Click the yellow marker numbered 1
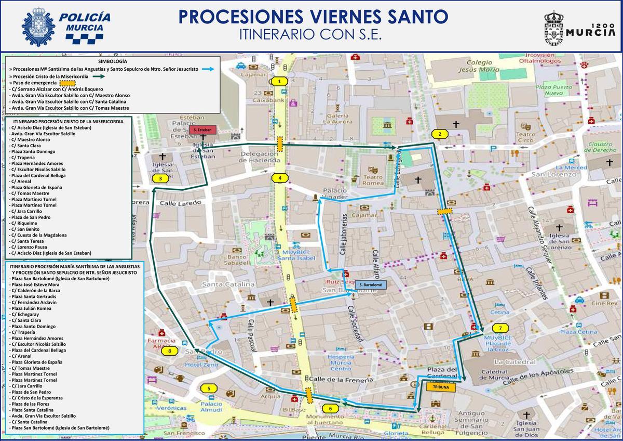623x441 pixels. (x=279, y=81)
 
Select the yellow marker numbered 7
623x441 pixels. (x=500, y=328)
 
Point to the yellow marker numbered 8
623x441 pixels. (x=170, y=351)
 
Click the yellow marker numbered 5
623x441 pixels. (x=209, y=388)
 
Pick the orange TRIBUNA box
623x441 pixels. (x=440, y=387)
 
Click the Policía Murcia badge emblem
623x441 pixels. (x=38, y=27)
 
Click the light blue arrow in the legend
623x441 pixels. (x=208, y=69)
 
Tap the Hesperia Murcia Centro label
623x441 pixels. (x=341, y=362)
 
